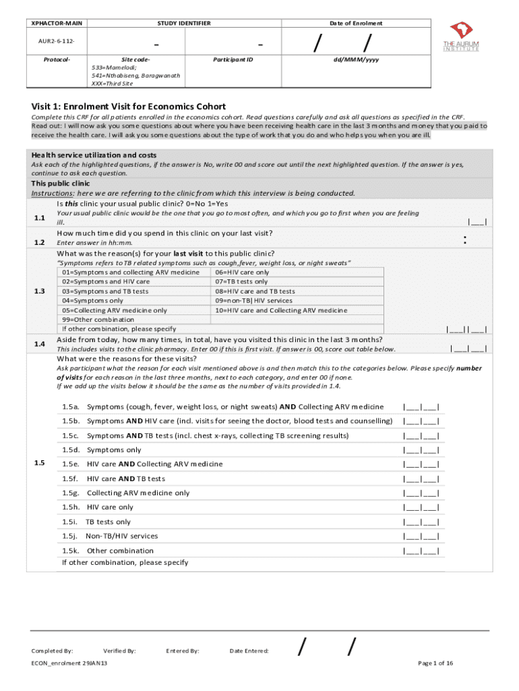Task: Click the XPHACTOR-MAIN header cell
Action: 57,24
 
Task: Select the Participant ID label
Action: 233,59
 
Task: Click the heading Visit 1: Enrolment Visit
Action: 129,107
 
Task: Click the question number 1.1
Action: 39,217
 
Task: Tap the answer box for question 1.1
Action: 478,222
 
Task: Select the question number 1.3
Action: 39,291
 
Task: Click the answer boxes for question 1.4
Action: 468,349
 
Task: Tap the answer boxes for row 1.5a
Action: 421,407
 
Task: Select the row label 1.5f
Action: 71,478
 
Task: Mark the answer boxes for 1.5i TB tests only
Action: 421,522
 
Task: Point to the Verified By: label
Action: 120,651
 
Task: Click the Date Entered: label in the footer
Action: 249,651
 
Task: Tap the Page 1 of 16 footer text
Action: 435,663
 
